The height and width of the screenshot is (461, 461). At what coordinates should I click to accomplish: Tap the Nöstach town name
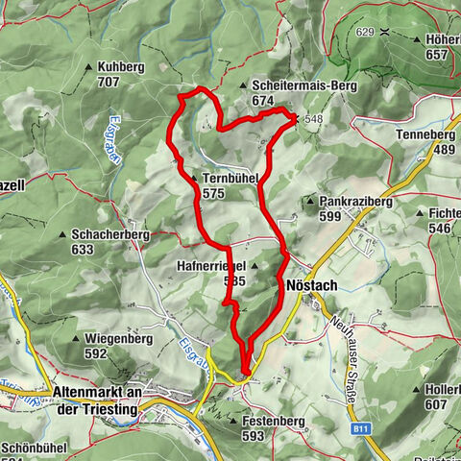tap(311, 284)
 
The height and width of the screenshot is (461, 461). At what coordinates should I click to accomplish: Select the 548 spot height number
tap(313, 119)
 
